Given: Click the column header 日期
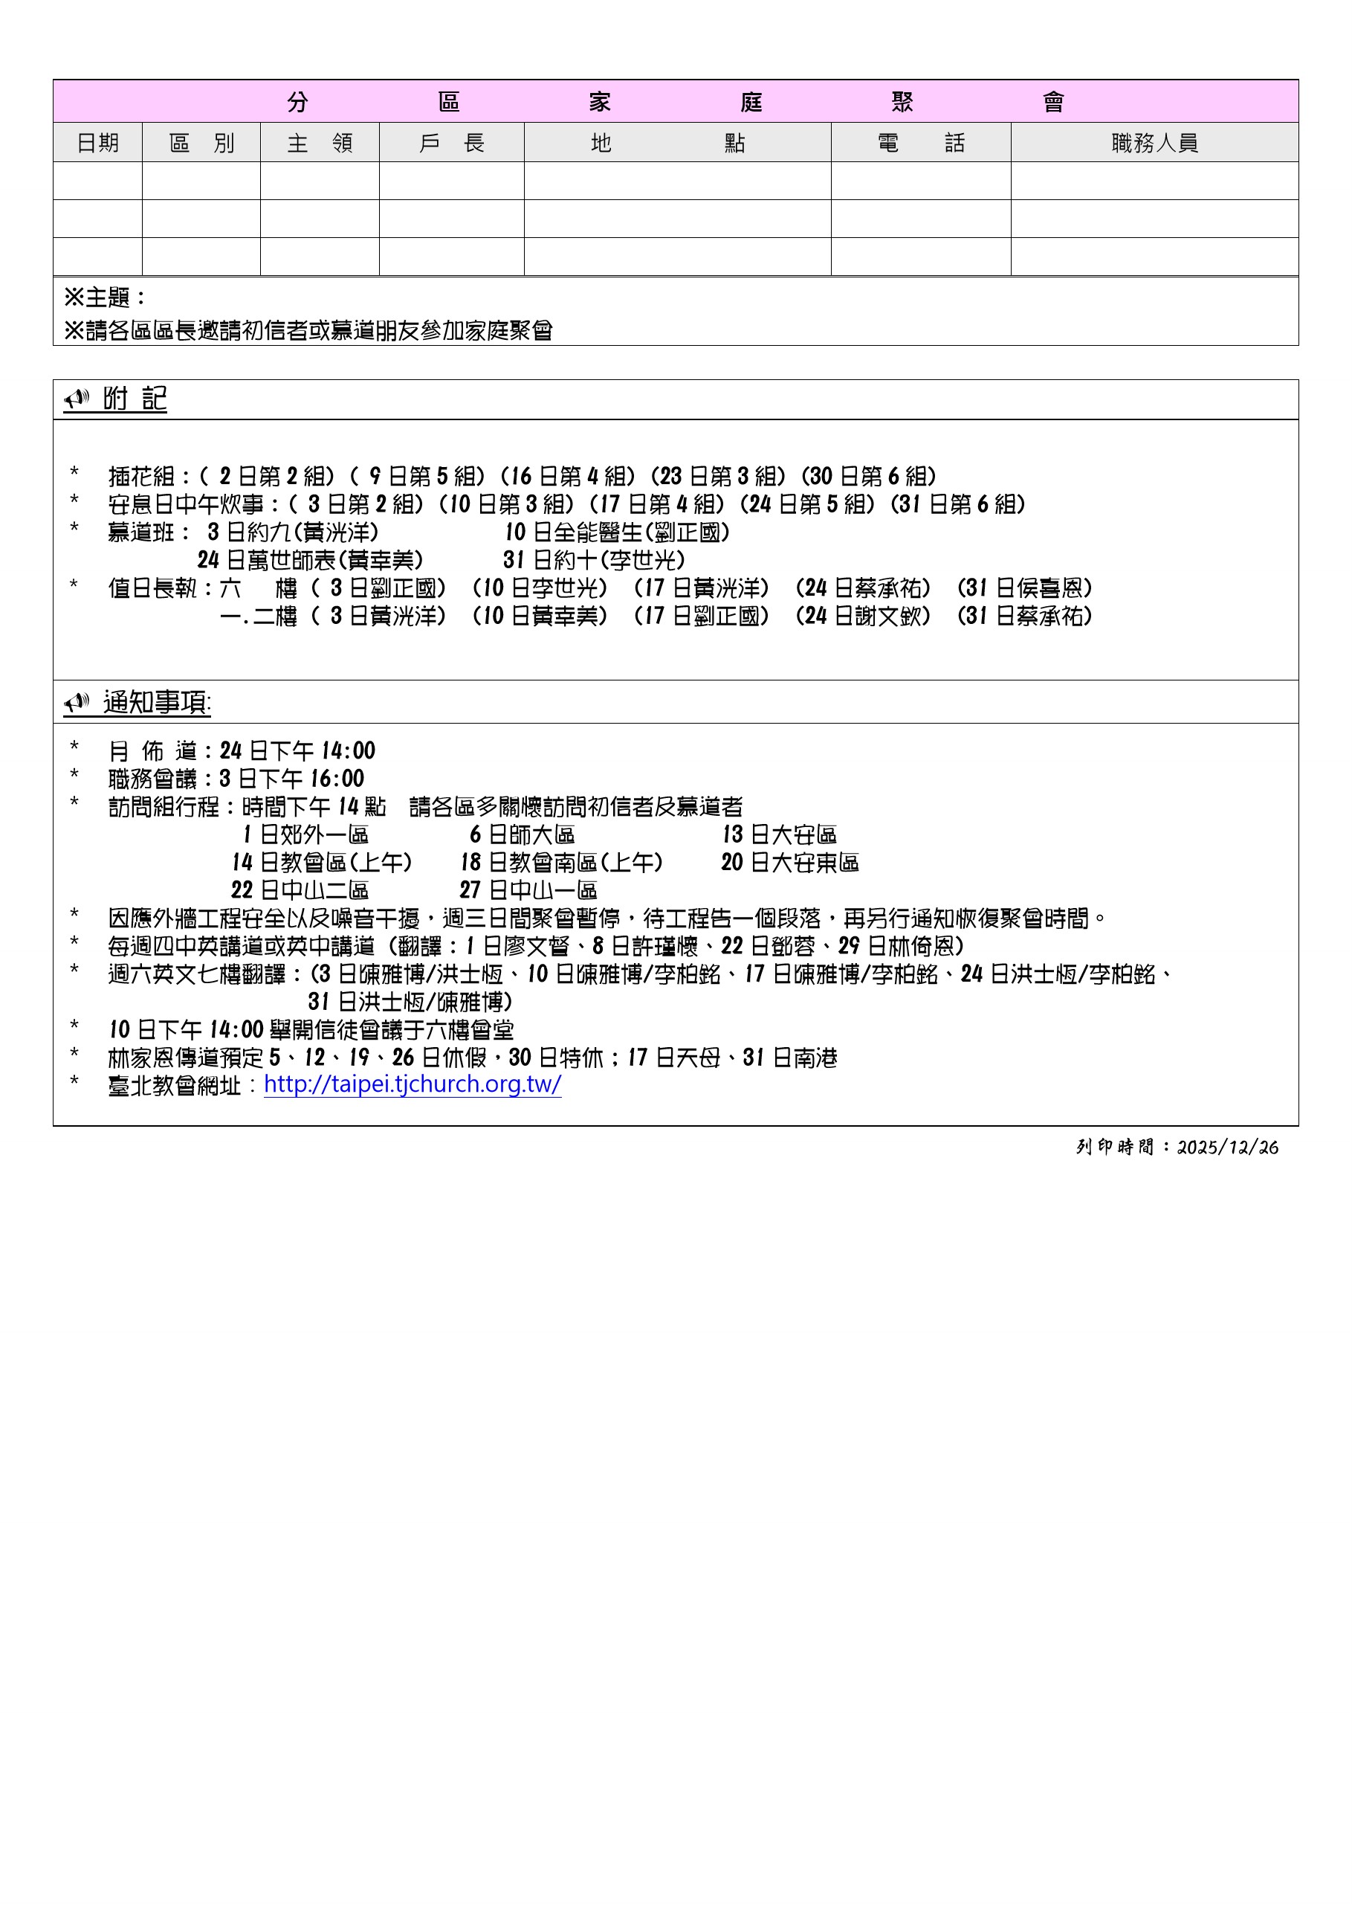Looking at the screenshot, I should tap(97, 143).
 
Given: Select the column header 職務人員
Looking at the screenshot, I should tap(1154, 143).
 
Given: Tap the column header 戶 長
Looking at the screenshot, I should tap(452, 143).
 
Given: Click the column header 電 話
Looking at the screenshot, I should tap(920, 143).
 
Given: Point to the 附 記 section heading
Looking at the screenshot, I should tap(135, 399).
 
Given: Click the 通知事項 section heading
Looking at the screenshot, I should tap(157, 703).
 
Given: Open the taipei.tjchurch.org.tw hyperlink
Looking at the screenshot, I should tap(413, 1084).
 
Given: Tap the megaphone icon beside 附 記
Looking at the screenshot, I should tap(77, 399).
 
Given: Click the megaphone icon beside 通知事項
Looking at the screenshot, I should tap(77, 703).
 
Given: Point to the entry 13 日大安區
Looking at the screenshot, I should tap(779, 834).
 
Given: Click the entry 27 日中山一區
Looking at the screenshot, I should tap(528, 890).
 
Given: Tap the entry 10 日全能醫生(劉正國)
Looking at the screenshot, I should tap(617, 532).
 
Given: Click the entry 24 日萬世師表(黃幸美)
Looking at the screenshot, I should tap(310, 560).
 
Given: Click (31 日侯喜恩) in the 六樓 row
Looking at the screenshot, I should tap(1025, 588).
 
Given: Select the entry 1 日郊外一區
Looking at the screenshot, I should tap(305, 834).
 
